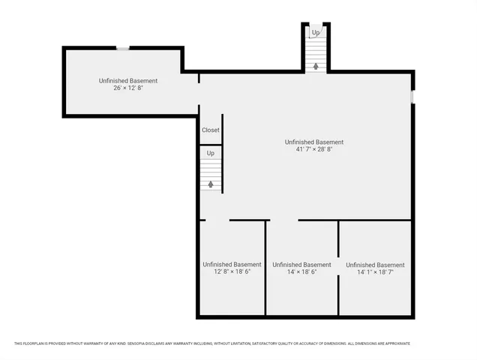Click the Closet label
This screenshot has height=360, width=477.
click(x=210, y=130)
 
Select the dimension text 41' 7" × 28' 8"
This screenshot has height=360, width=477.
click(x=314, y=150)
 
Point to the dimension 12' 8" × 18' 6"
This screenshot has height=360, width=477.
click(x=232, y=272)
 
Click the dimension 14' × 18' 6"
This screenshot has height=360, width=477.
click(x=301, y=272)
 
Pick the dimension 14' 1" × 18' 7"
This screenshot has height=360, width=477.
click(x=375, y=272)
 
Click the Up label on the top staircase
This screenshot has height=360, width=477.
click(x=316, y=33)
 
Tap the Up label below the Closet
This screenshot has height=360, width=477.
click(x=211, y=154)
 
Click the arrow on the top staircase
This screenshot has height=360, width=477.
click(x=316, y=66)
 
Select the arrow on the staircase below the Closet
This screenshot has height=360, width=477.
click(x=211, y=183)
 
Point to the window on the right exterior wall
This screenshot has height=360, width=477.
click(x=412, y=97)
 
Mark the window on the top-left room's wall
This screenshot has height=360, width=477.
click(x=122, y=49)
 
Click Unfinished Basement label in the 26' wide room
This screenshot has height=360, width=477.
click(x=128, y=80)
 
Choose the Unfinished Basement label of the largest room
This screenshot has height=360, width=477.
click(x=314, y=142)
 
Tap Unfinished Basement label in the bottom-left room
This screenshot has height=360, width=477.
click(x=232, y=264)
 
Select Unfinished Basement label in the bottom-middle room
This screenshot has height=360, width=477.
click(x=301, y=264)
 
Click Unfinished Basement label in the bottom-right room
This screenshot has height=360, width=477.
click(x=375, y=264)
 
